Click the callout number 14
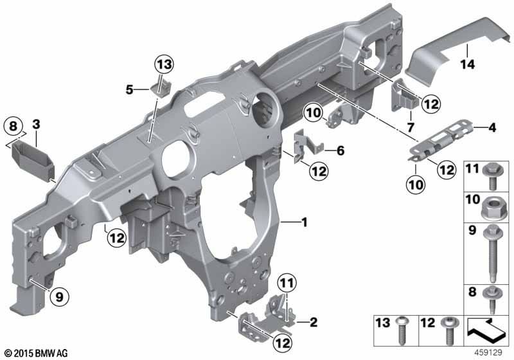coord(468,64)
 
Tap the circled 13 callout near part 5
coord(164,64)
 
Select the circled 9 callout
coord(59,297)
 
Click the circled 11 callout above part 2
coord(287,282)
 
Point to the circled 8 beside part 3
coord(13,126)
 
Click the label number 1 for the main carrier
coord(305,222)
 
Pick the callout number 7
coord(411,127)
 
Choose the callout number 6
coord(341,151)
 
